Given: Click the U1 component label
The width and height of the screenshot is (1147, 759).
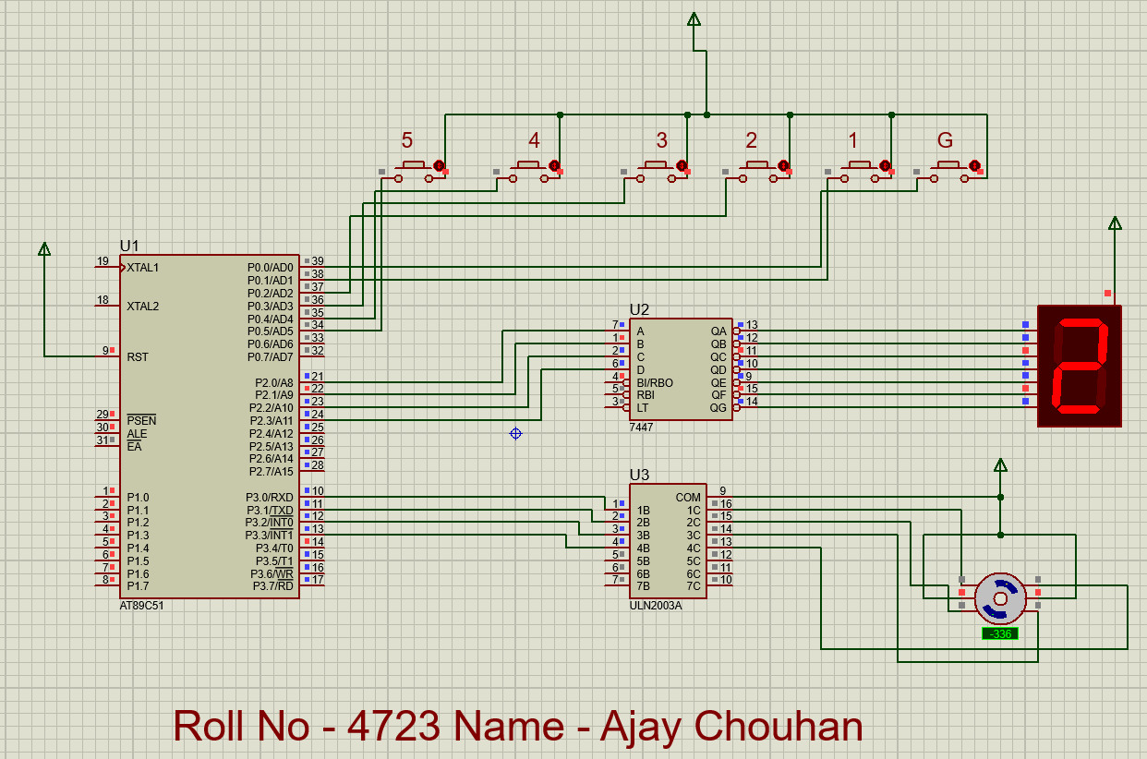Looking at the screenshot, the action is pos(129,247).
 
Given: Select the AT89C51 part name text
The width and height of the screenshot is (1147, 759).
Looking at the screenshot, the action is pos(141,606).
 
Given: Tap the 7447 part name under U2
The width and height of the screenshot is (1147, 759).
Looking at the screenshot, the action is pos(641,427).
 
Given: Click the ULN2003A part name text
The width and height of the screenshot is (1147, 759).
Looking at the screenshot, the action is pos(656,606).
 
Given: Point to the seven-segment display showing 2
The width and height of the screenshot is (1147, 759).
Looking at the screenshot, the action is pos(1080,366).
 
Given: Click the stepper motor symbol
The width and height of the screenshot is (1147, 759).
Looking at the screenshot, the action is pos(1000,599).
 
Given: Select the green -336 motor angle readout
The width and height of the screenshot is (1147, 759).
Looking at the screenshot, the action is pos(1000,634).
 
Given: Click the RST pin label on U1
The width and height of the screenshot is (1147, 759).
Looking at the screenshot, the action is pos(138,356).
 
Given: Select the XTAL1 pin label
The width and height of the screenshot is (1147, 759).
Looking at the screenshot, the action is pos(143,268).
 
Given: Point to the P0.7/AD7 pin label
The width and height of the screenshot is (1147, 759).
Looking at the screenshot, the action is pos(271,356).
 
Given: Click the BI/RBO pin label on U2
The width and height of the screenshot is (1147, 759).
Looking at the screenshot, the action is pos(655,383).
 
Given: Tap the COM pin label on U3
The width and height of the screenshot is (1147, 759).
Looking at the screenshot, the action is pos(688,498).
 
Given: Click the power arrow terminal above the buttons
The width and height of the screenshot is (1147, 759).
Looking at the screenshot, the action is pos(694,19).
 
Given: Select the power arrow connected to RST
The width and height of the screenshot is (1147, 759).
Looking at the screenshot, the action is pos(44,249).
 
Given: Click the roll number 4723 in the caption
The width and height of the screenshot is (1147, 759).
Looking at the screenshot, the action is pos(393,726).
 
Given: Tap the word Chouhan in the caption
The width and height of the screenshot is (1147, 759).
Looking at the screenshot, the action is pos(779,726).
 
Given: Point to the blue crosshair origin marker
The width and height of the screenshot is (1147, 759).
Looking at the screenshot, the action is pos(515,434).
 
